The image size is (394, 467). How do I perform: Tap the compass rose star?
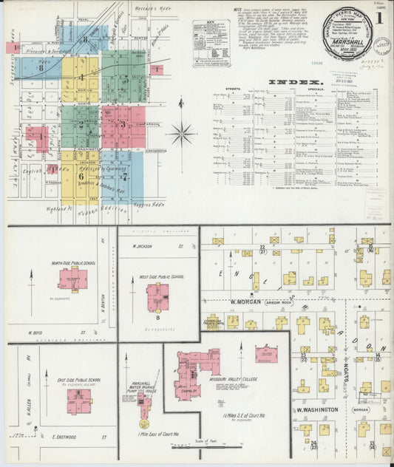[x=181, y=134]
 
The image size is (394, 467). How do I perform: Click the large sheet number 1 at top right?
[x=378, y=17]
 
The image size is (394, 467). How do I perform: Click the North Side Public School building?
[x=72, y=279]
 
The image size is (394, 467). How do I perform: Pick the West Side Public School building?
[x=157, y=296]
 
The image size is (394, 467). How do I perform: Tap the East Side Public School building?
[x=79, y=401]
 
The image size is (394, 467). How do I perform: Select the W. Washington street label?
[x=317, y=409]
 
